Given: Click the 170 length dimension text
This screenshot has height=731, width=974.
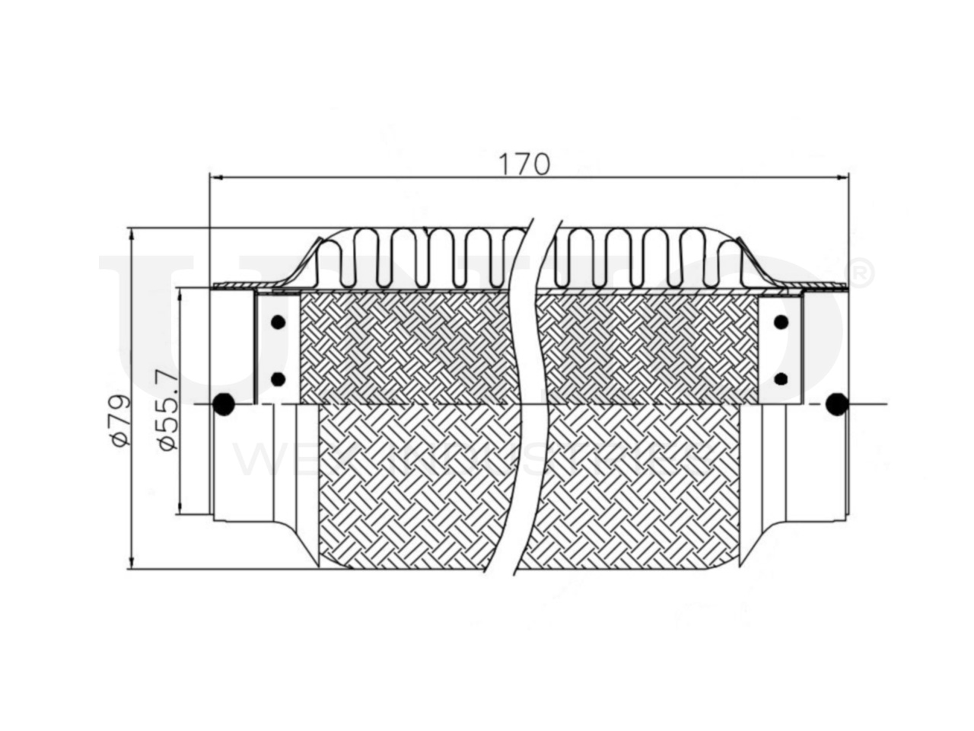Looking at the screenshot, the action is click(x=524, y=163).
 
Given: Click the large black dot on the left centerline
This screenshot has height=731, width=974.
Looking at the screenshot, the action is click(x=223, y=404).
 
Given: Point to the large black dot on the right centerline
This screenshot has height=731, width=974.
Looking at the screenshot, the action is click(x=838, y=404).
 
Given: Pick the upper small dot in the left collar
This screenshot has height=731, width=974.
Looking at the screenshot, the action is click(x=278, y=322).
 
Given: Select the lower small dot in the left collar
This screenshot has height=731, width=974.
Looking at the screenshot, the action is click(x=278, y=378).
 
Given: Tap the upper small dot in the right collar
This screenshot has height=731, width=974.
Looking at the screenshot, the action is click(x=780, y=322).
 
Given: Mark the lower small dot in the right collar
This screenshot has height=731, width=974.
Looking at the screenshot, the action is click(x=780, y=378).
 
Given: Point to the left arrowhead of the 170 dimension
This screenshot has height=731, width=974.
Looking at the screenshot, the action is click(x=215, y=177).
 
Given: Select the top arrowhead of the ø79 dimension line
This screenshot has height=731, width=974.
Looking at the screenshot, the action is click(x=132, y=234).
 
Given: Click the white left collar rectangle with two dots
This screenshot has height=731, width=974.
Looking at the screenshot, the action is click(x=278, y=349).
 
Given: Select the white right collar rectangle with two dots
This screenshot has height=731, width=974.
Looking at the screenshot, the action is click(x=780, y=349).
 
